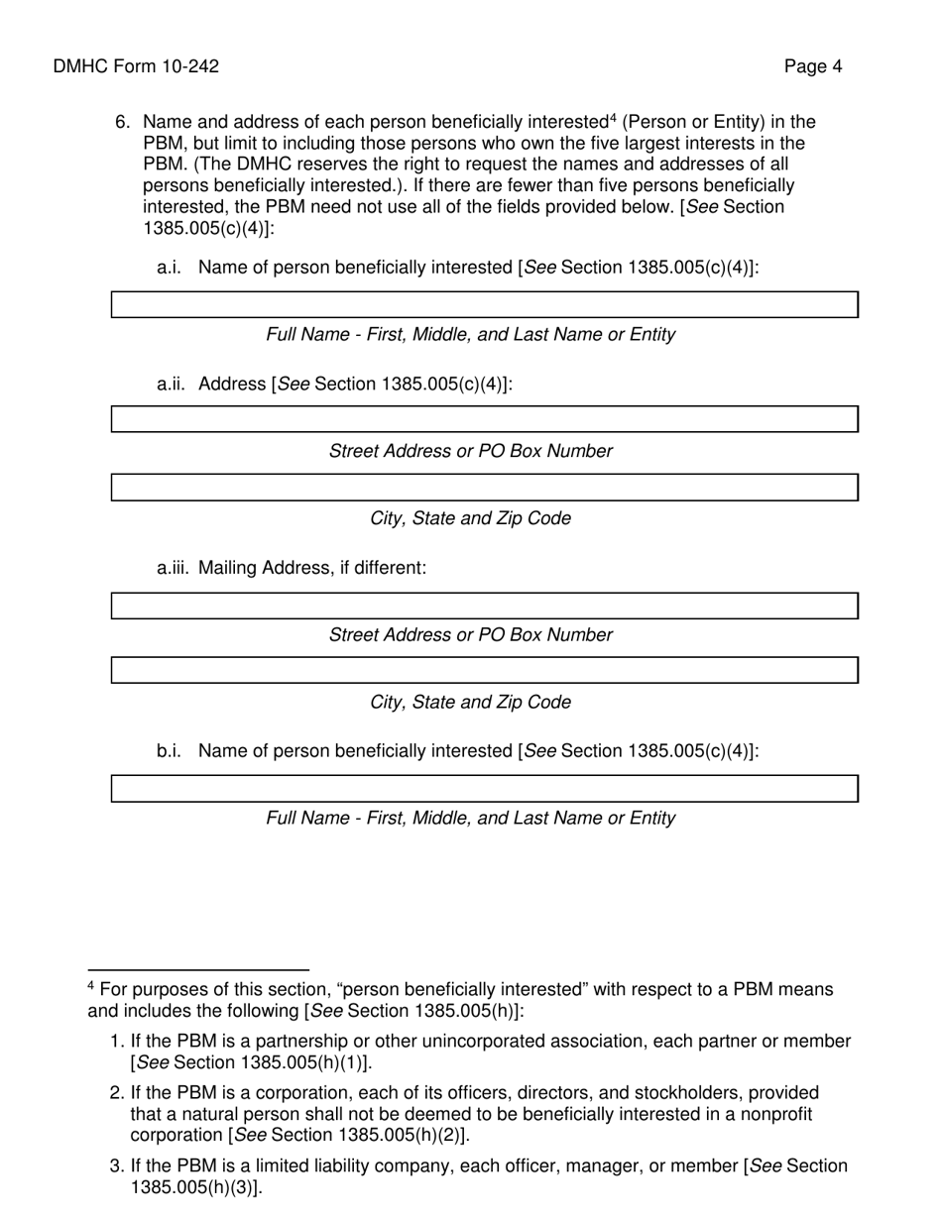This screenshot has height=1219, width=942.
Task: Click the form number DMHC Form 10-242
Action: coord(136,66)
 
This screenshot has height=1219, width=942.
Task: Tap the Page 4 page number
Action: coord(812,66)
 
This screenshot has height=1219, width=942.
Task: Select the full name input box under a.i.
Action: coord(484,304)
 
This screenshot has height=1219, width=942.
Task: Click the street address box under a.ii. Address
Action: coord(484,419)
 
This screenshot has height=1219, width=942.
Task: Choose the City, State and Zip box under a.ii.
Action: coord(484,488)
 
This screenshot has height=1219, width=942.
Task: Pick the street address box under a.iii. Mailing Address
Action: coord(484,606)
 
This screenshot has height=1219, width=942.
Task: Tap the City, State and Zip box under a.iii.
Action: coord(484,670)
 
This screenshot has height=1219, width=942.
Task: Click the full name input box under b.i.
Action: coord(484,789)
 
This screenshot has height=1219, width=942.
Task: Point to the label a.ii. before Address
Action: coord(173,384)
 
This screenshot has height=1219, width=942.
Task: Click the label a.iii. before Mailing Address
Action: coord(174,568)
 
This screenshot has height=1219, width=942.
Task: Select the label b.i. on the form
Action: coord(169,751)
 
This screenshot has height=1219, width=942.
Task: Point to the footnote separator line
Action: coord(198,969)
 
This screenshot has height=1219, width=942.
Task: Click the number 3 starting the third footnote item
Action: coord(114,1165)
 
